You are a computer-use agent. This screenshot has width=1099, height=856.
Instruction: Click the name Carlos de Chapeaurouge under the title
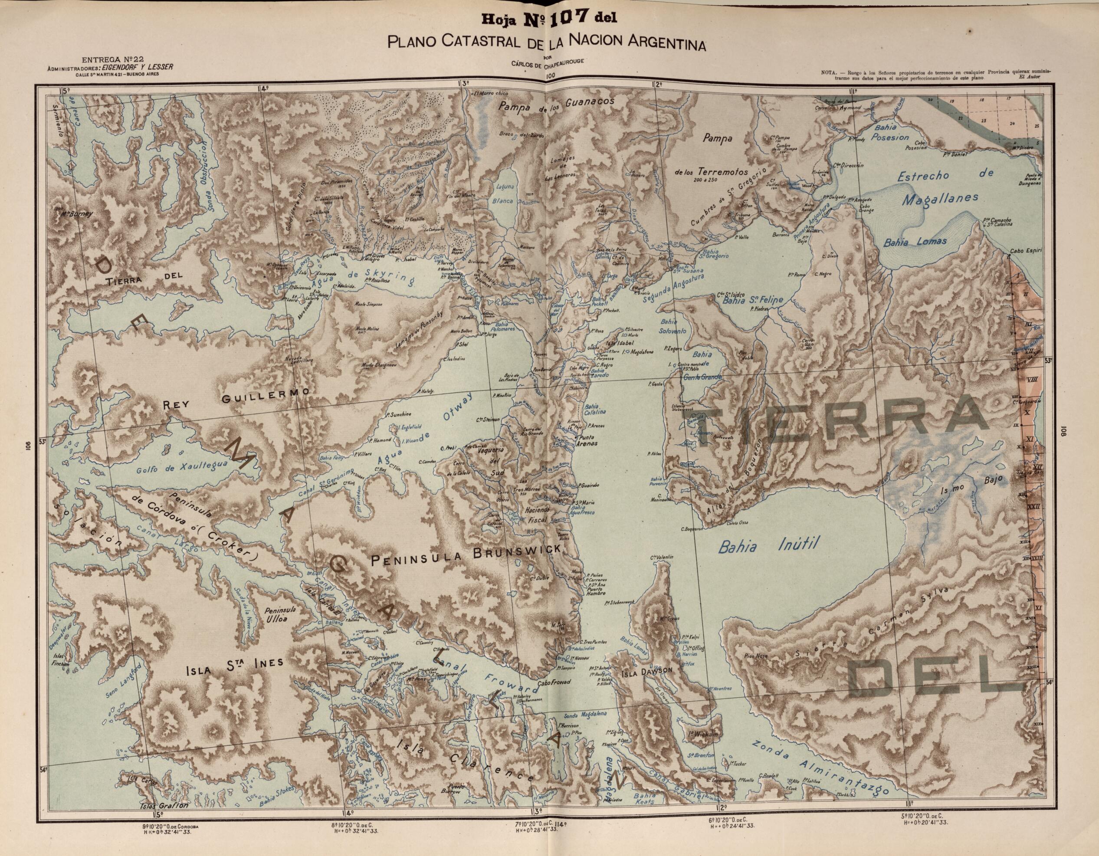coord(549,62)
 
